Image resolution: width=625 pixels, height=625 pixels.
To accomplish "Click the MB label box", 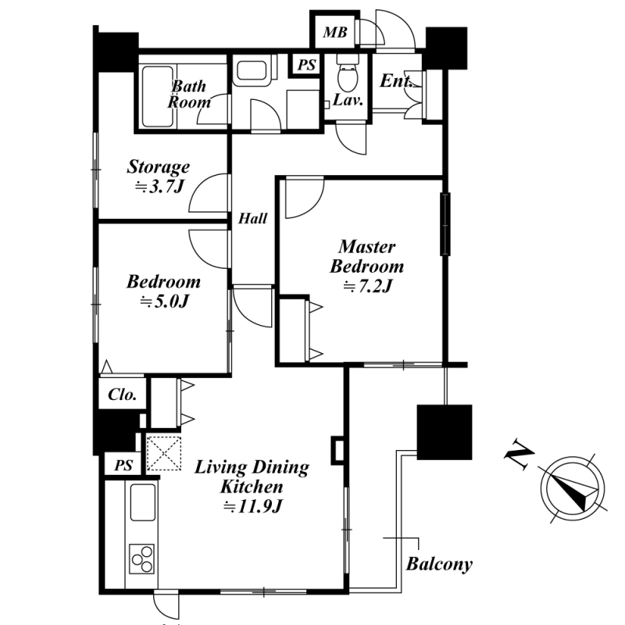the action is pos(335,32).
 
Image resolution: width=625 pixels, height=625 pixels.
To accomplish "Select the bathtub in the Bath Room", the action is pos(158,96).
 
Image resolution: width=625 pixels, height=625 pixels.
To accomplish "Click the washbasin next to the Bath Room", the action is pos(251,71).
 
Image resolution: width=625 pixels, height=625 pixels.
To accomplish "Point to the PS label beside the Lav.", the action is pos(306,65).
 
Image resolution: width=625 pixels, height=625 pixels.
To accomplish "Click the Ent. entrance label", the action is pos(396,81).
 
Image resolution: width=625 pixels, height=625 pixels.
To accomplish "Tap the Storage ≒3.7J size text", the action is pos(159,187).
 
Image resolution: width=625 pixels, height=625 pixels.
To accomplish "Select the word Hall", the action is pos(252,219).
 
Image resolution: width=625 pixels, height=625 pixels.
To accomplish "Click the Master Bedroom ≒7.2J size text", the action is pos(367,286).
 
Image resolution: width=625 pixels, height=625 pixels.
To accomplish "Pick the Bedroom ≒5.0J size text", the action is pos(164,302).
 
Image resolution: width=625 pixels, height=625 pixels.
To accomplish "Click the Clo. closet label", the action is pos(123,395).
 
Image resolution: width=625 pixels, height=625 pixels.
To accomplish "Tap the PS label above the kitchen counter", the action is pos(123,465).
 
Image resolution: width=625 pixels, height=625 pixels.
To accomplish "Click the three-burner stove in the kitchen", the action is pos(142,559).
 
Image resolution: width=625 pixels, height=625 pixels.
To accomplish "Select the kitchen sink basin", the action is pos(143,502).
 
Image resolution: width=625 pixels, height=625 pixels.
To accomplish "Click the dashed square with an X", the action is pos(164,453).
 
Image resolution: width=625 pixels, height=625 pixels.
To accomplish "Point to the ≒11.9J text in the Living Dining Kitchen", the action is pos(252,506).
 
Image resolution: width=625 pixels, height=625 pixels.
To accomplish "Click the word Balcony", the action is pos(439,564).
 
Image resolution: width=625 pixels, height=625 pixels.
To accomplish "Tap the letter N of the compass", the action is pos(520,455).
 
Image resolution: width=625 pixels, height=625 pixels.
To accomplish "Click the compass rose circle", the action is pos(573,489).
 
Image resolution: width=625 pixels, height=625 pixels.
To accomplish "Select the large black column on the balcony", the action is pos(445,433).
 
